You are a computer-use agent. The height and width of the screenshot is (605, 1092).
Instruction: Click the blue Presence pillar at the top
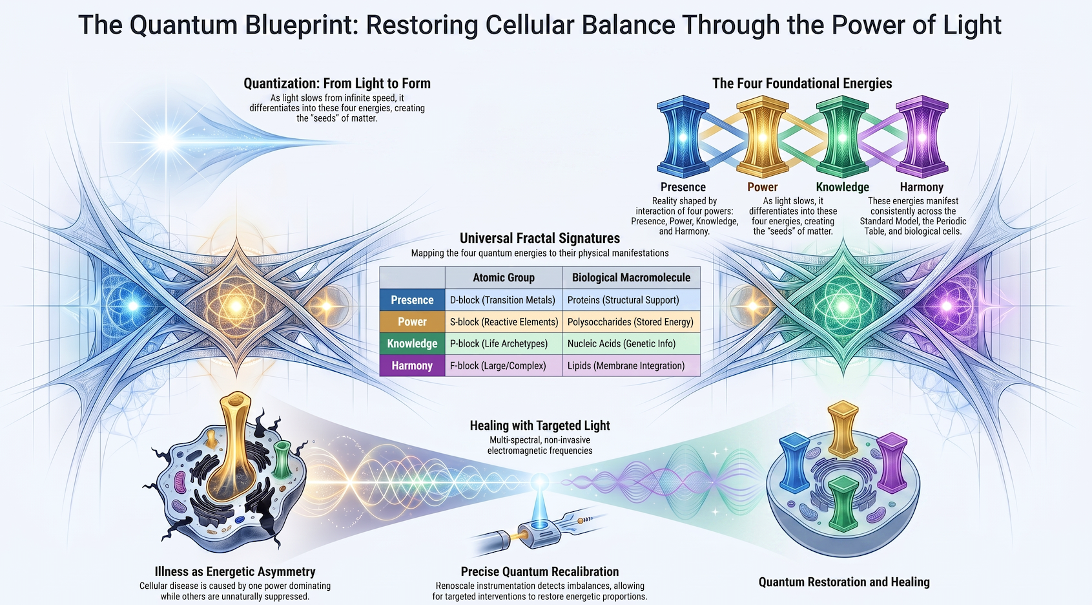683,136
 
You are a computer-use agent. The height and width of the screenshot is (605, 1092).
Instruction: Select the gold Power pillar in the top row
763,136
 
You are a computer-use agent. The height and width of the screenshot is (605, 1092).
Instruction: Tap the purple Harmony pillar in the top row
922,136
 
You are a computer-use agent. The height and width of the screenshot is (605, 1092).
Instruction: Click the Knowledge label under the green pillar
842,187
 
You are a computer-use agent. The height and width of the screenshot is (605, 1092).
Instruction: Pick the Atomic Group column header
504,278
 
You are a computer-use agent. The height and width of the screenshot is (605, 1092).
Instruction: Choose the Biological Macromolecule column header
632,278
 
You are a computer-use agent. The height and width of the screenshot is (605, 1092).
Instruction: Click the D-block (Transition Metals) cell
502,300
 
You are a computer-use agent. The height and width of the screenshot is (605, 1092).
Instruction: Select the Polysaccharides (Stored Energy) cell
630,322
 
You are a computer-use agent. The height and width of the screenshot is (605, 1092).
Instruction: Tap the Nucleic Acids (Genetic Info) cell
622,343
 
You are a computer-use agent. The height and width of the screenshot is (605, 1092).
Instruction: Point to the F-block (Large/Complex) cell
498,365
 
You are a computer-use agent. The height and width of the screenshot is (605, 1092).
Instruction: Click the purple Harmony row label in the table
413,365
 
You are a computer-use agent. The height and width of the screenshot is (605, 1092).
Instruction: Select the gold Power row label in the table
413,322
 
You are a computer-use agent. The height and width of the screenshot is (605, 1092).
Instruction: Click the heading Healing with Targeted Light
540,425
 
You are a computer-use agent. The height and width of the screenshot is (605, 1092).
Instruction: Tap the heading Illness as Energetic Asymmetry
235,571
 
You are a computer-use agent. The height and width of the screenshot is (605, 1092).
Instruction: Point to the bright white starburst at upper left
167,142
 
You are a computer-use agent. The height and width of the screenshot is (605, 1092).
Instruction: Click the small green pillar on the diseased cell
282,459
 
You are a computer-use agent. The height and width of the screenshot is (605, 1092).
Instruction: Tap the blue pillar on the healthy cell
795,463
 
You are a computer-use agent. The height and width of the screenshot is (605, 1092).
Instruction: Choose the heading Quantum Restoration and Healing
844,582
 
